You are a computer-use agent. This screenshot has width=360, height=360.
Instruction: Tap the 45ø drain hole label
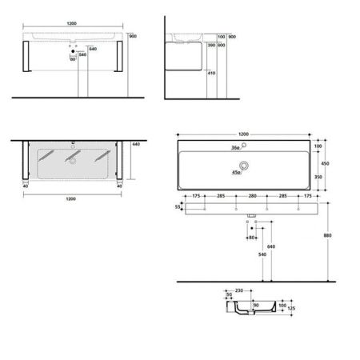tap(237, 170)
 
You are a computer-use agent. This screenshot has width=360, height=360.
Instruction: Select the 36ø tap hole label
tap(236, 148)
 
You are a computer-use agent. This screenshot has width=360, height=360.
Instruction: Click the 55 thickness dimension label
tap(178, 206)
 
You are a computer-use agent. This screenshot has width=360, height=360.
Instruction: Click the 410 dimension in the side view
tap(210, 73)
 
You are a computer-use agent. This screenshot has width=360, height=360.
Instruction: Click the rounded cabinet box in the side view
tap(186, 52)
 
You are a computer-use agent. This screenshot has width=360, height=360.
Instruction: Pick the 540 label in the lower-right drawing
tap(262, 254)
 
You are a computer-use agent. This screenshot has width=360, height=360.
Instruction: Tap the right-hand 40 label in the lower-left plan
tap(119, 188)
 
